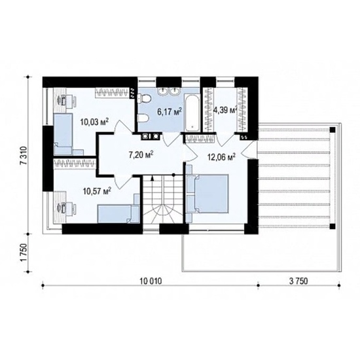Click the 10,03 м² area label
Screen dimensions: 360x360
click(x=94, y=122)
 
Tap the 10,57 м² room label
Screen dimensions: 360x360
click(x=97, y=190)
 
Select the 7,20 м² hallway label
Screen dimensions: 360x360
click(x=141, y=155)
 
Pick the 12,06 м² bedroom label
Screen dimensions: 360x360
click(x=221, y=157)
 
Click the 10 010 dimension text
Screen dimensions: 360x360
click(x=151, y=281)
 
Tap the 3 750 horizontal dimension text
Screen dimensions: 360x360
click(x=298, y=281)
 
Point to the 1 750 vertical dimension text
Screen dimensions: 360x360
click(x=24, y=252)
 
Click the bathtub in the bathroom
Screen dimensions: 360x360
click(x=192, y=113)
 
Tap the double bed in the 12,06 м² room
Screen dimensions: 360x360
click(x=207, y=194)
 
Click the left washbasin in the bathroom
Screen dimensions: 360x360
click(x=163, y=91)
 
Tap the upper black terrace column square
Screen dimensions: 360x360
click(x=333, y=130)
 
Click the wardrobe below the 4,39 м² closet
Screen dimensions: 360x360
click(x=200, y=138)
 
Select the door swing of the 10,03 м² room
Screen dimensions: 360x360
click(x=123, y=127)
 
